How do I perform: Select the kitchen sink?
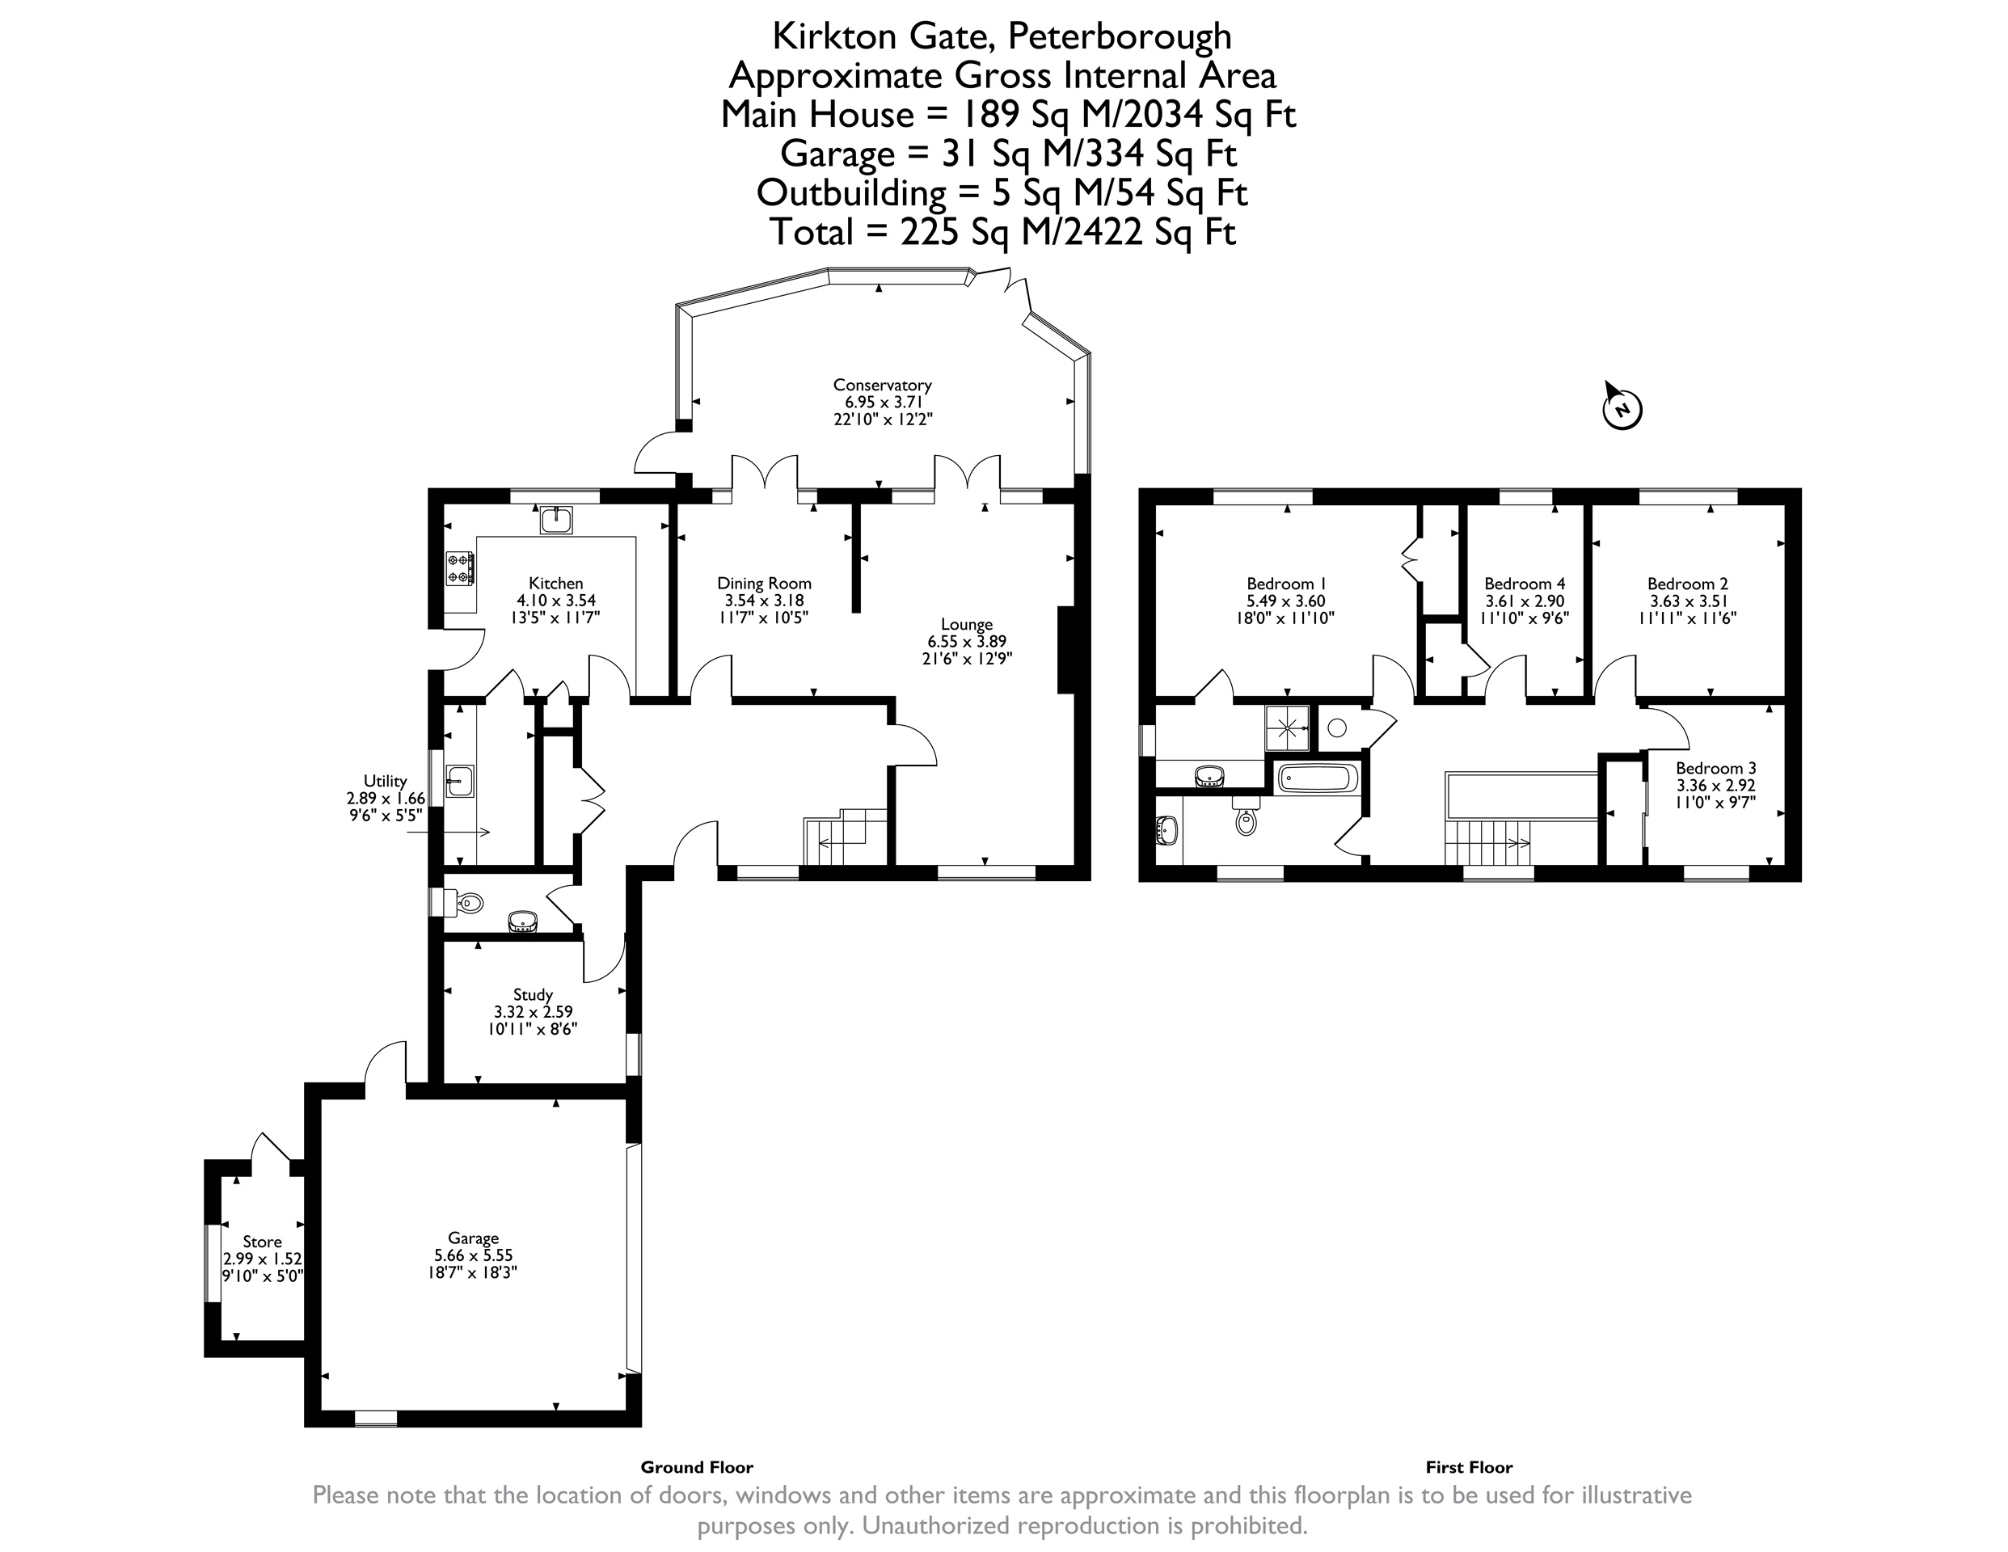556,521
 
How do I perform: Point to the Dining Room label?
764,583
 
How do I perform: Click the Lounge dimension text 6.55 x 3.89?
968,642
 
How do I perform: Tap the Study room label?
534,995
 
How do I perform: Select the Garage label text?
474,1238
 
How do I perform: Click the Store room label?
262,1242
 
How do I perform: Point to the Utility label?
386,782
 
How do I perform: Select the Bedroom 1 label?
1286,583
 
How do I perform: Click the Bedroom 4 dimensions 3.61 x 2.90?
1525,601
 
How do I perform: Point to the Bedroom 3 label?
1715,768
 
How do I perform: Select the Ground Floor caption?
697,1467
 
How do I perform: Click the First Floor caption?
1470,1467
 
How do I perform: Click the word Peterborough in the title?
1120,36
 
